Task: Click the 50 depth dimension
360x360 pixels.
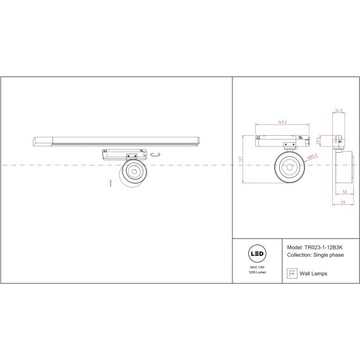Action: [x=345, y=191]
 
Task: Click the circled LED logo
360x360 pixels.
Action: [x=257, y=255]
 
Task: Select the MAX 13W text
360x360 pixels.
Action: [x=257, y=268]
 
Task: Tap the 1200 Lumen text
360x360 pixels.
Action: [x=257, y=273]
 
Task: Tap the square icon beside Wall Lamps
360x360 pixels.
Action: [x=291, y=273]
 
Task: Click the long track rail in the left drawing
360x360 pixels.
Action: [x=117, y=139]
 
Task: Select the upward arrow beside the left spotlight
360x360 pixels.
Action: [x=111, y=183]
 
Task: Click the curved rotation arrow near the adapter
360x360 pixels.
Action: [x=158, y=155]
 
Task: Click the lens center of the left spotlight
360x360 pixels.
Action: [x=133, y=172]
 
